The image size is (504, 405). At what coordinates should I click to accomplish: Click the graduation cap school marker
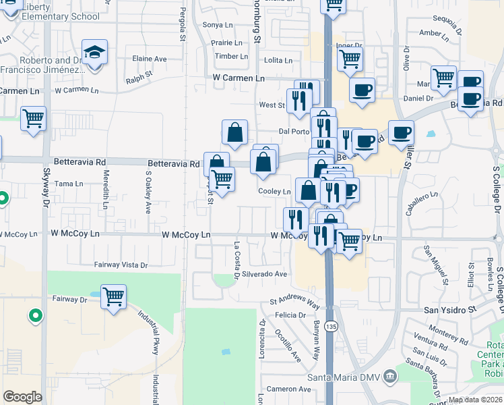[95, 53]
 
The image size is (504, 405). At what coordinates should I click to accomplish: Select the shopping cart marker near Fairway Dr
[114, 296]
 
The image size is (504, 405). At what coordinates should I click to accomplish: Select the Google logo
[22, 396]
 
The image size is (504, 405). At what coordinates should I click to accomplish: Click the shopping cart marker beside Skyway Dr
[33, 119]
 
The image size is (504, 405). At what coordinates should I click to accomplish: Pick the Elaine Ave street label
[150, 59]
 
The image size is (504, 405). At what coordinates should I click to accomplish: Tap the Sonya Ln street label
[217, 25]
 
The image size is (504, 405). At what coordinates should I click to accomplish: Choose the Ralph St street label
[139, 80]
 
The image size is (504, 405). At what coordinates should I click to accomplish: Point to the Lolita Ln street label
[278, 60]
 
